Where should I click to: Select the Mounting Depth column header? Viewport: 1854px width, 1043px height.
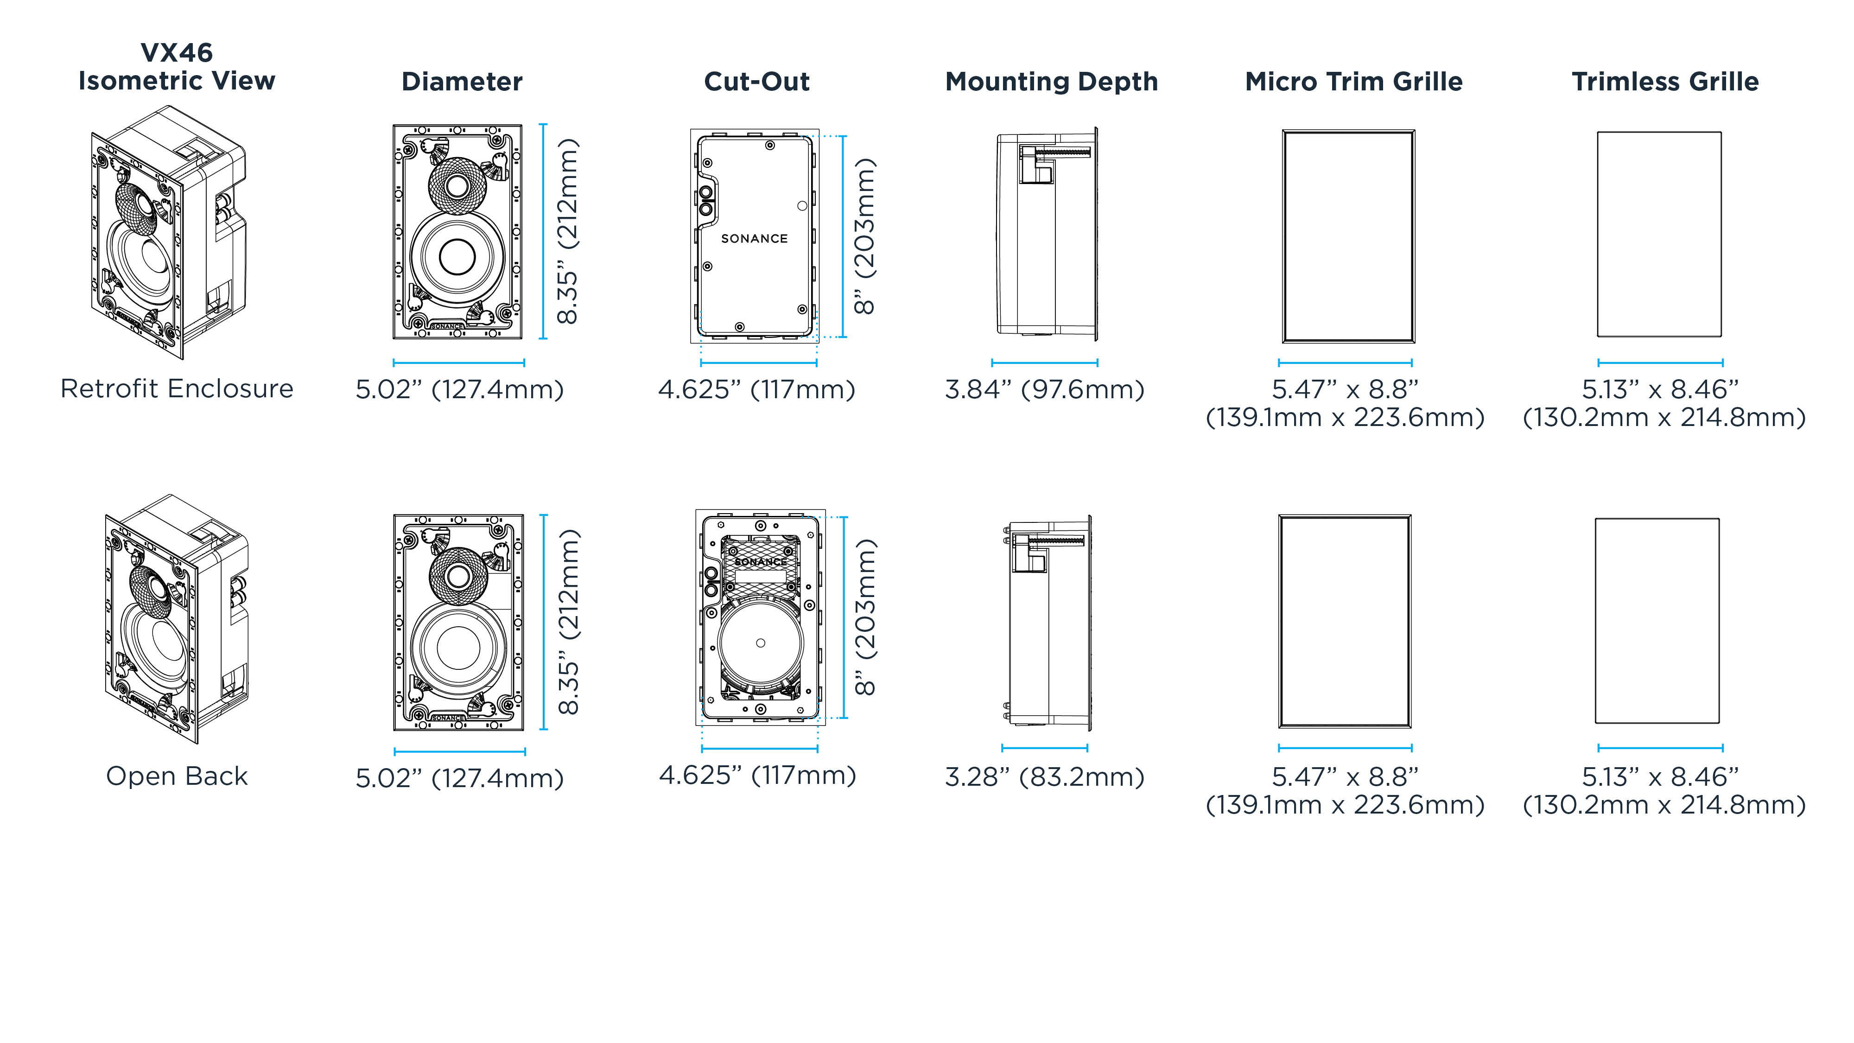pos(1052,82)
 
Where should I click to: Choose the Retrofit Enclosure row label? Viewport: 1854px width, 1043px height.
pos(177,389)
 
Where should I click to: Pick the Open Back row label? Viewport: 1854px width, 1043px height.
pos(177,776)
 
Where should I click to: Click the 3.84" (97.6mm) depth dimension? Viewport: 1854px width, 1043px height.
pos(1044,389)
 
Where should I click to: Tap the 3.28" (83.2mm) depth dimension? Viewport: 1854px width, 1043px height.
pos(1044,776)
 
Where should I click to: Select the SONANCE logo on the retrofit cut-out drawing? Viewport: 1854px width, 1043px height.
pos(754,238)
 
